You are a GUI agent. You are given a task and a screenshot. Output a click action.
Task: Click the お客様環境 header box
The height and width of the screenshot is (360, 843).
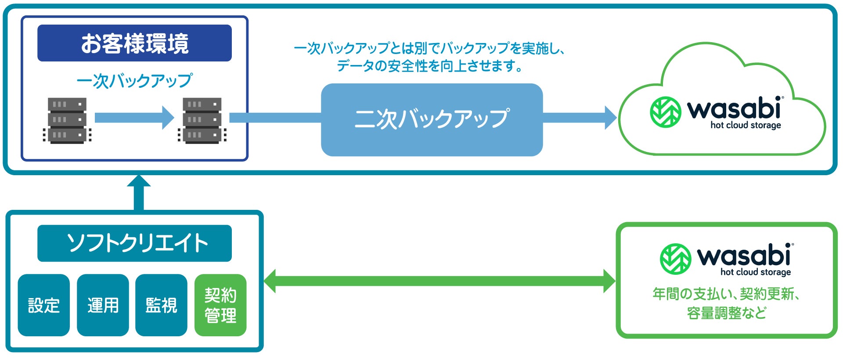tap(134, 43)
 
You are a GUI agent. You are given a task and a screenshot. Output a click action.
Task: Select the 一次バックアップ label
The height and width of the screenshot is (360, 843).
tap(134, 81)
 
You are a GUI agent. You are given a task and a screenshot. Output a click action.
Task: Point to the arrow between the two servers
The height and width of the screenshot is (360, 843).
tap(134, 118)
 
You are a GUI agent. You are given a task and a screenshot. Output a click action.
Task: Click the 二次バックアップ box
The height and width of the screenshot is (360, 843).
tap(432, 119)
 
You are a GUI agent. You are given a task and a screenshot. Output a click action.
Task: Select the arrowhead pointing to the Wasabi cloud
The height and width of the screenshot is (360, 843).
tap(610, 118)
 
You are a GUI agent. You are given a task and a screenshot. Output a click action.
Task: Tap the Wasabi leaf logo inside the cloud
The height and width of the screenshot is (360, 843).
tap(666, 112)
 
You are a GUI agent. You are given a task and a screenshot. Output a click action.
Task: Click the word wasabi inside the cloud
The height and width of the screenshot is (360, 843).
tap(734, 108)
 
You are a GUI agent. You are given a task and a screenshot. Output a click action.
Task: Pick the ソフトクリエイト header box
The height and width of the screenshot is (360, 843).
tap(134, 243)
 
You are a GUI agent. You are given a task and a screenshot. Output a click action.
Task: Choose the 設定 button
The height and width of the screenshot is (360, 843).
tap(44, 305)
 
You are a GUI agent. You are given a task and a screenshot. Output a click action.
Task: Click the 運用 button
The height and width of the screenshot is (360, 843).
tap(103, 305)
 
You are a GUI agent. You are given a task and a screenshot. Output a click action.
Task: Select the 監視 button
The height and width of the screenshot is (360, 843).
tap(161, 305)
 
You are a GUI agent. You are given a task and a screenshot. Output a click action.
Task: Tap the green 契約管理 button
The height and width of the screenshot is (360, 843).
tap(220, 305)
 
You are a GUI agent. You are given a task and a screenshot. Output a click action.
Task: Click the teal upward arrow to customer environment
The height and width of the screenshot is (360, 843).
tap(139, 193)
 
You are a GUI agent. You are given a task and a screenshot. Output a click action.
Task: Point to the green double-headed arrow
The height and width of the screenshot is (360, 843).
tap(440, 281)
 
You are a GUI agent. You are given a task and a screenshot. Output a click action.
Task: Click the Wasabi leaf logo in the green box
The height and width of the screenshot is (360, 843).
tap(676, 259)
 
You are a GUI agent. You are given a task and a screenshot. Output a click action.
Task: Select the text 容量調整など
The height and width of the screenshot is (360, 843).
tap(727, 313)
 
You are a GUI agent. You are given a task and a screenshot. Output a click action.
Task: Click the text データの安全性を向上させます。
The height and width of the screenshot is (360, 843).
tap(430, 66)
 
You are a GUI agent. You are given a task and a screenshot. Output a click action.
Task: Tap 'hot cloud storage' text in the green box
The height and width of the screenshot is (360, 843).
tap(756, 272)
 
